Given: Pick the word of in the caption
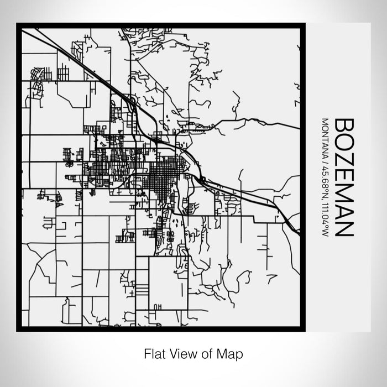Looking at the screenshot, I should [202, 353].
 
